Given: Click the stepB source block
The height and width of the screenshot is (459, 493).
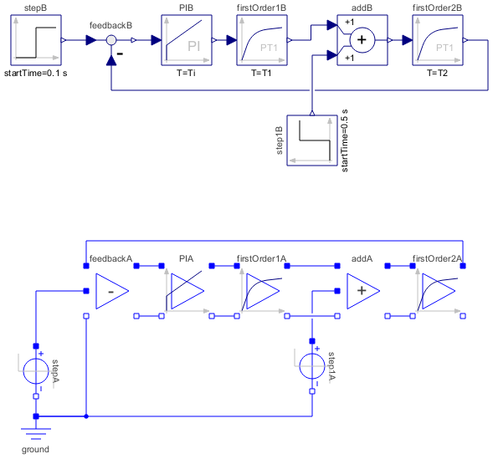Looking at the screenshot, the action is (36, 40).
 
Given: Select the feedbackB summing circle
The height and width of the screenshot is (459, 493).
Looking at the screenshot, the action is (111, 40).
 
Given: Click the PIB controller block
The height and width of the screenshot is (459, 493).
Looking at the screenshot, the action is (187, 40).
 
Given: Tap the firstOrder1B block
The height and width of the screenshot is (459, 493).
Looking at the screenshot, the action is (262, 40).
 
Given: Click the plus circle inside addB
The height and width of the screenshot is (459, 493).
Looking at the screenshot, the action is (362, 40).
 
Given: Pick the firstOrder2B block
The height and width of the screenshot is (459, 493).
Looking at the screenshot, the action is (438, 40).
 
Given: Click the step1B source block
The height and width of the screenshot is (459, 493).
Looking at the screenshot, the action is (312, 140).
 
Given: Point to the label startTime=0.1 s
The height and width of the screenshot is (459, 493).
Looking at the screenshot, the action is (35, 73).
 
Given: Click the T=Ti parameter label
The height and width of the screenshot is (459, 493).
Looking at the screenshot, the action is (186, 73).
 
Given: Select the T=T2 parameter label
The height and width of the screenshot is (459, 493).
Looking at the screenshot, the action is (438, 73).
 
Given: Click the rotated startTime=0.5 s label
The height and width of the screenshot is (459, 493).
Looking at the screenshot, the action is (345, 140).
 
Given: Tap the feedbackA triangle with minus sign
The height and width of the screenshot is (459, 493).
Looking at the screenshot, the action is (111, 291).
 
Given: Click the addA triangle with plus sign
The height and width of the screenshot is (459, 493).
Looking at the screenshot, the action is (362, 291).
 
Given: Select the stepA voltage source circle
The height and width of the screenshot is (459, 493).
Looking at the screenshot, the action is (36, 371).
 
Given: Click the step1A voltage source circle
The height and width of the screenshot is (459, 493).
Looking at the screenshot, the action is (312, 366).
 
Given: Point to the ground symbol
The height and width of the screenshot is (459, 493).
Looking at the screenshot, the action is (36, 433).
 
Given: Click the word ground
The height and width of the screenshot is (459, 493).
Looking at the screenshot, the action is (35, 449).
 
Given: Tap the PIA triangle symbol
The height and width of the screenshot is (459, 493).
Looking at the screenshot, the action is (187, 291).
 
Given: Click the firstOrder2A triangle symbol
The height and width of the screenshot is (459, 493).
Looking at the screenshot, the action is (439, 291).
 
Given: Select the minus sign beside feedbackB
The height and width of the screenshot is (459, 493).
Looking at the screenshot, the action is (120, 54).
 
